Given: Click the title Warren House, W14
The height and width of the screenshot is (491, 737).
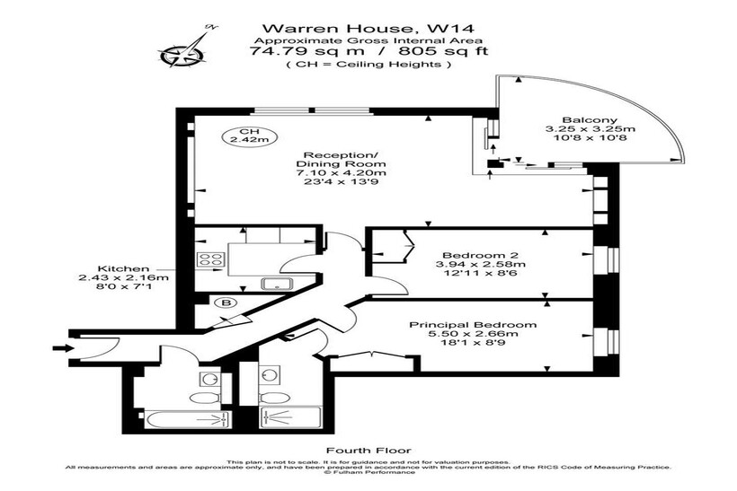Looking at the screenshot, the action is coord(368,29).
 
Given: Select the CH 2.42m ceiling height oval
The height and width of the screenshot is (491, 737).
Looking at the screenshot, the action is coord(249,136).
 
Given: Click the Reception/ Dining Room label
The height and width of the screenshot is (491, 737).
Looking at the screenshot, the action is coord(341,160).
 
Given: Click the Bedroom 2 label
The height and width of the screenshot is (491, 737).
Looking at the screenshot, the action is coord(480,255).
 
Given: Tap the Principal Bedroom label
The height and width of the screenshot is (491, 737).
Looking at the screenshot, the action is coord(473,325).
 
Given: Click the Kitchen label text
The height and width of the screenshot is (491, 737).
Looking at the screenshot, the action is coord(123,269).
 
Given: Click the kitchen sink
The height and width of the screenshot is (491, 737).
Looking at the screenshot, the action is coord(278,284).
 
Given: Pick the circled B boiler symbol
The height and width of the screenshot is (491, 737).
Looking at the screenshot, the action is coord(226,302).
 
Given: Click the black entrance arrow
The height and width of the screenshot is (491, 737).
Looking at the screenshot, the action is coord(64,348).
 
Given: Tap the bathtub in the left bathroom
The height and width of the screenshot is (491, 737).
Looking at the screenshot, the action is coord(188,420).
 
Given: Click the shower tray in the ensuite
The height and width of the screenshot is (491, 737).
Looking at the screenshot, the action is coord(289,417).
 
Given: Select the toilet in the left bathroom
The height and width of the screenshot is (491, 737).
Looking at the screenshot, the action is coord(206,398).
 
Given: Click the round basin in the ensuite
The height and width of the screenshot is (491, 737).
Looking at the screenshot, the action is coord(270,374).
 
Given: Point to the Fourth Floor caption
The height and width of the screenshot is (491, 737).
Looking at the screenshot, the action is coord(368,451).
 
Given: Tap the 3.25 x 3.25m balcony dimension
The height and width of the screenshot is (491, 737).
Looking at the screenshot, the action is coord(590,129).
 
